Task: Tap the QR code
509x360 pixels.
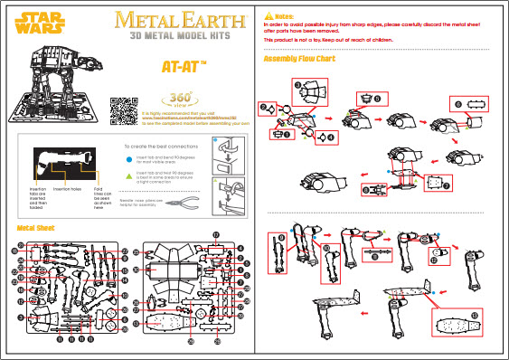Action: pos(123,109)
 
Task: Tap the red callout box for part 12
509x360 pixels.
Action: pos(440,253)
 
